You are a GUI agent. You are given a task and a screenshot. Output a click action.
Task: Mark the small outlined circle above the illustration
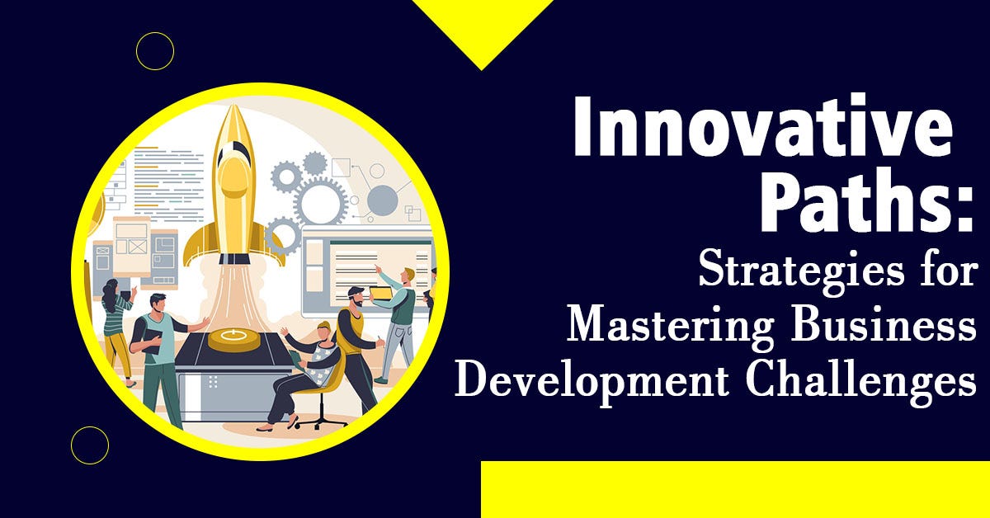click(155, 51)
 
